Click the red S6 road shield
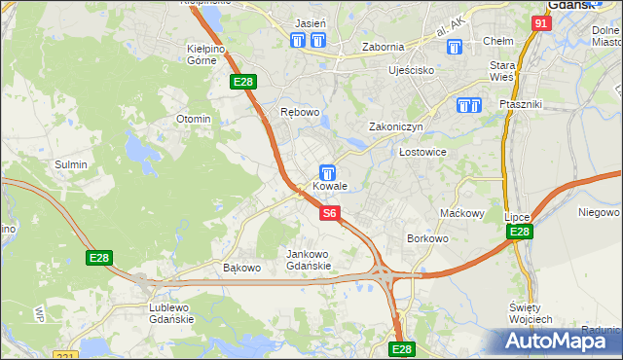click(x=330, y=212)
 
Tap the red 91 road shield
click(x=542, y=22)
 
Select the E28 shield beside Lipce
click(x=519, y=232)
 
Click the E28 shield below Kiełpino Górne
click(x=243, y=84)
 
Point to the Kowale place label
click(x=330, y=186)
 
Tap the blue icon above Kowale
click(x=329, y=171)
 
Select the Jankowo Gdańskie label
click(x=309, y=260)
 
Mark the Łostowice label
click(x=422, y=153)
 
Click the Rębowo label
click(x=300, y=112)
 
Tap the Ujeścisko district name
click(x=410, y=71)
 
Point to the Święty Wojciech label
click(x=531, y=313)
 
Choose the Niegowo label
click(x=599, y=212)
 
